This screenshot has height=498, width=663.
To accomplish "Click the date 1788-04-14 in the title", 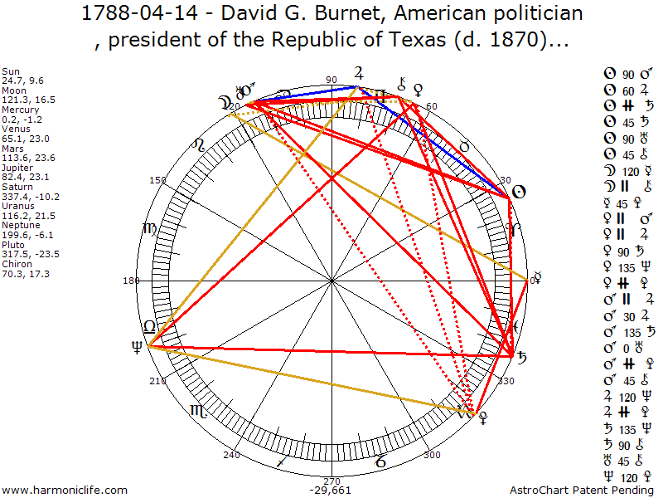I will click(x=133, y=14).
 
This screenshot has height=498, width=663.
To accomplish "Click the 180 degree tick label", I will click(x=131, y=281).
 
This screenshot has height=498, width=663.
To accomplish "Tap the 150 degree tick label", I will click(x=157, y=180).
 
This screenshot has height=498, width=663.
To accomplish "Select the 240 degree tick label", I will click(x=231, y=455).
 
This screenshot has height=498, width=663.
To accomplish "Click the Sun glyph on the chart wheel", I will click(x=518, y=192).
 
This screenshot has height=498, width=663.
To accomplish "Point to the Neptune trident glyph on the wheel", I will click(x=134, y=349).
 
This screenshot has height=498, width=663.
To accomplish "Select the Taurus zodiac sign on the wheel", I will click(x=464, y=146).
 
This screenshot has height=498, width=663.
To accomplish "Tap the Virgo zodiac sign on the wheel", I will click(x=149, y=229).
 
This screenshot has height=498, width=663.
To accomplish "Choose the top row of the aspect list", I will click(x=632, y=76).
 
